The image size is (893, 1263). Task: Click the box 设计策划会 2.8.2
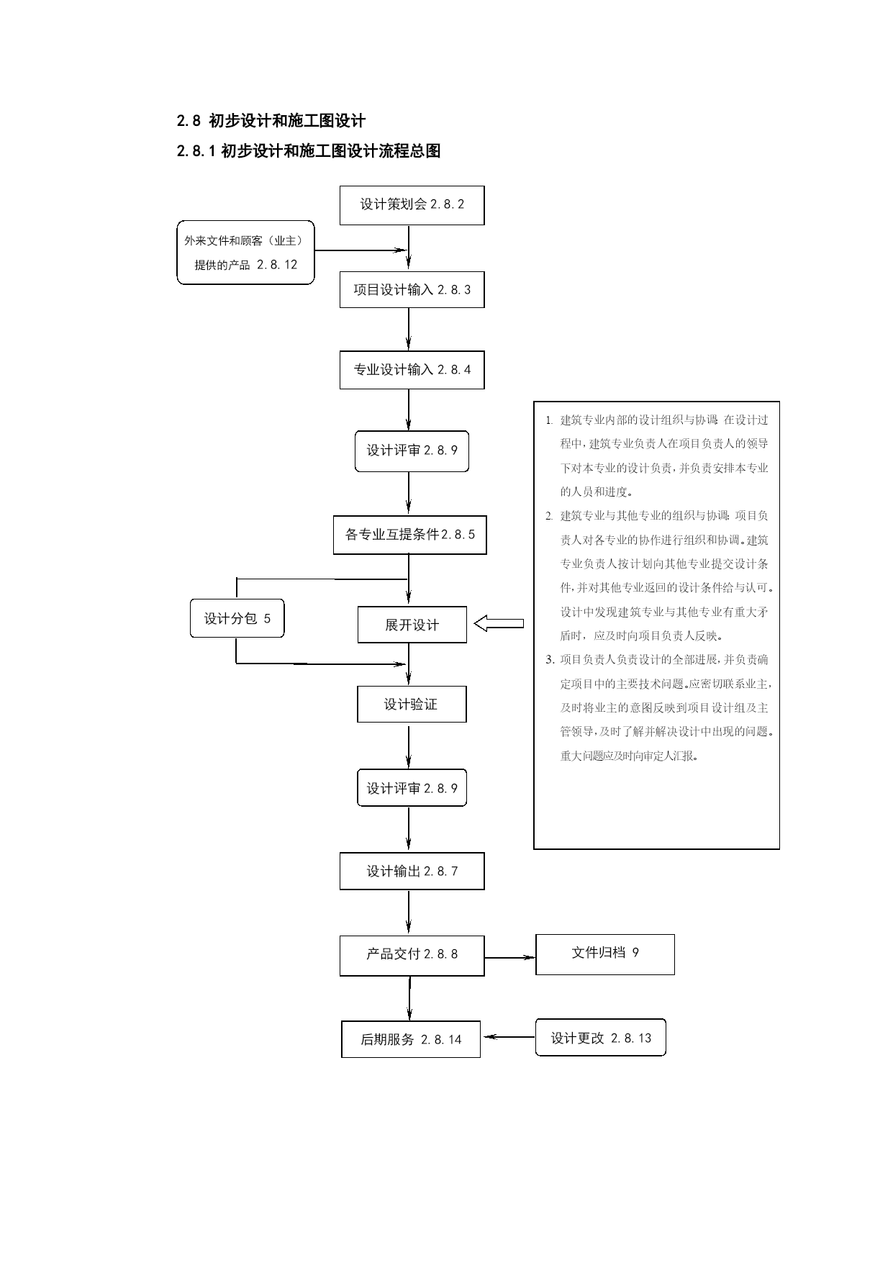pyautogui.click(x=412, y=205)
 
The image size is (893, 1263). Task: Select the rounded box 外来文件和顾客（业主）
pyautogui.click(x=245, y=253)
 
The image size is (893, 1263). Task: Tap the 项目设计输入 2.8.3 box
pyautogui.click(x=412, y=290)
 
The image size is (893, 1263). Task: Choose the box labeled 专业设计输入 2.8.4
pyautogui.click(x=412, y=370)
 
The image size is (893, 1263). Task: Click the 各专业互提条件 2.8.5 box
pyautogui.click(x=409, y=535)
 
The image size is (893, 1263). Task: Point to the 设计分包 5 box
pyautogui.click(x=237, y=618)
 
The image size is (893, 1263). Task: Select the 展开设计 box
pyautogui.click(x=412, y=625)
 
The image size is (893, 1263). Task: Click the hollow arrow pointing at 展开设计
pyautogui.click(x=499, y=623)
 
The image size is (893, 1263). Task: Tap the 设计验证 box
pyautogui.click(x=412, y=704)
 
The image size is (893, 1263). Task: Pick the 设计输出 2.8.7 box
pyautogui.click(x=412, y=872)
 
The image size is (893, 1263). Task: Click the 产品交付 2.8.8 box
pyautogui.click(x=412, y=956)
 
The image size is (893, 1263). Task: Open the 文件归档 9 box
pyautogui.click(x=605, y=954)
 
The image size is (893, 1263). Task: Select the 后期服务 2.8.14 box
pyautogui.click(x=410, y=1039)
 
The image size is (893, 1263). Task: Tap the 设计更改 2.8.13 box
pyautogui.click(x=601, y=1038)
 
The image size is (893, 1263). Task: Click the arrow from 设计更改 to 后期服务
pyautogui.click(x=509, y=1037)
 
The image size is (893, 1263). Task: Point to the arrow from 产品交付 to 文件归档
pyautogui.click(x=510, y=957)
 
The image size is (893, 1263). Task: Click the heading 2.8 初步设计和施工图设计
pyautogui.click(x=271, y=121)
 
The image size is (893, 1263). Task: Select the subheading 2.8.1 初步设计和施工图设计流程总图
pyautogui.click(x=309, y=151)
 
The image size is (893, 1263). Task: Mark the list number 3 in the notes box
pyautogui.click(x=550, y=659)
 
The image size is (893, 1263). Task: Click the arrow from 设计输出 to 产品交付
pyautogui.click(x=409, y=913)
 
